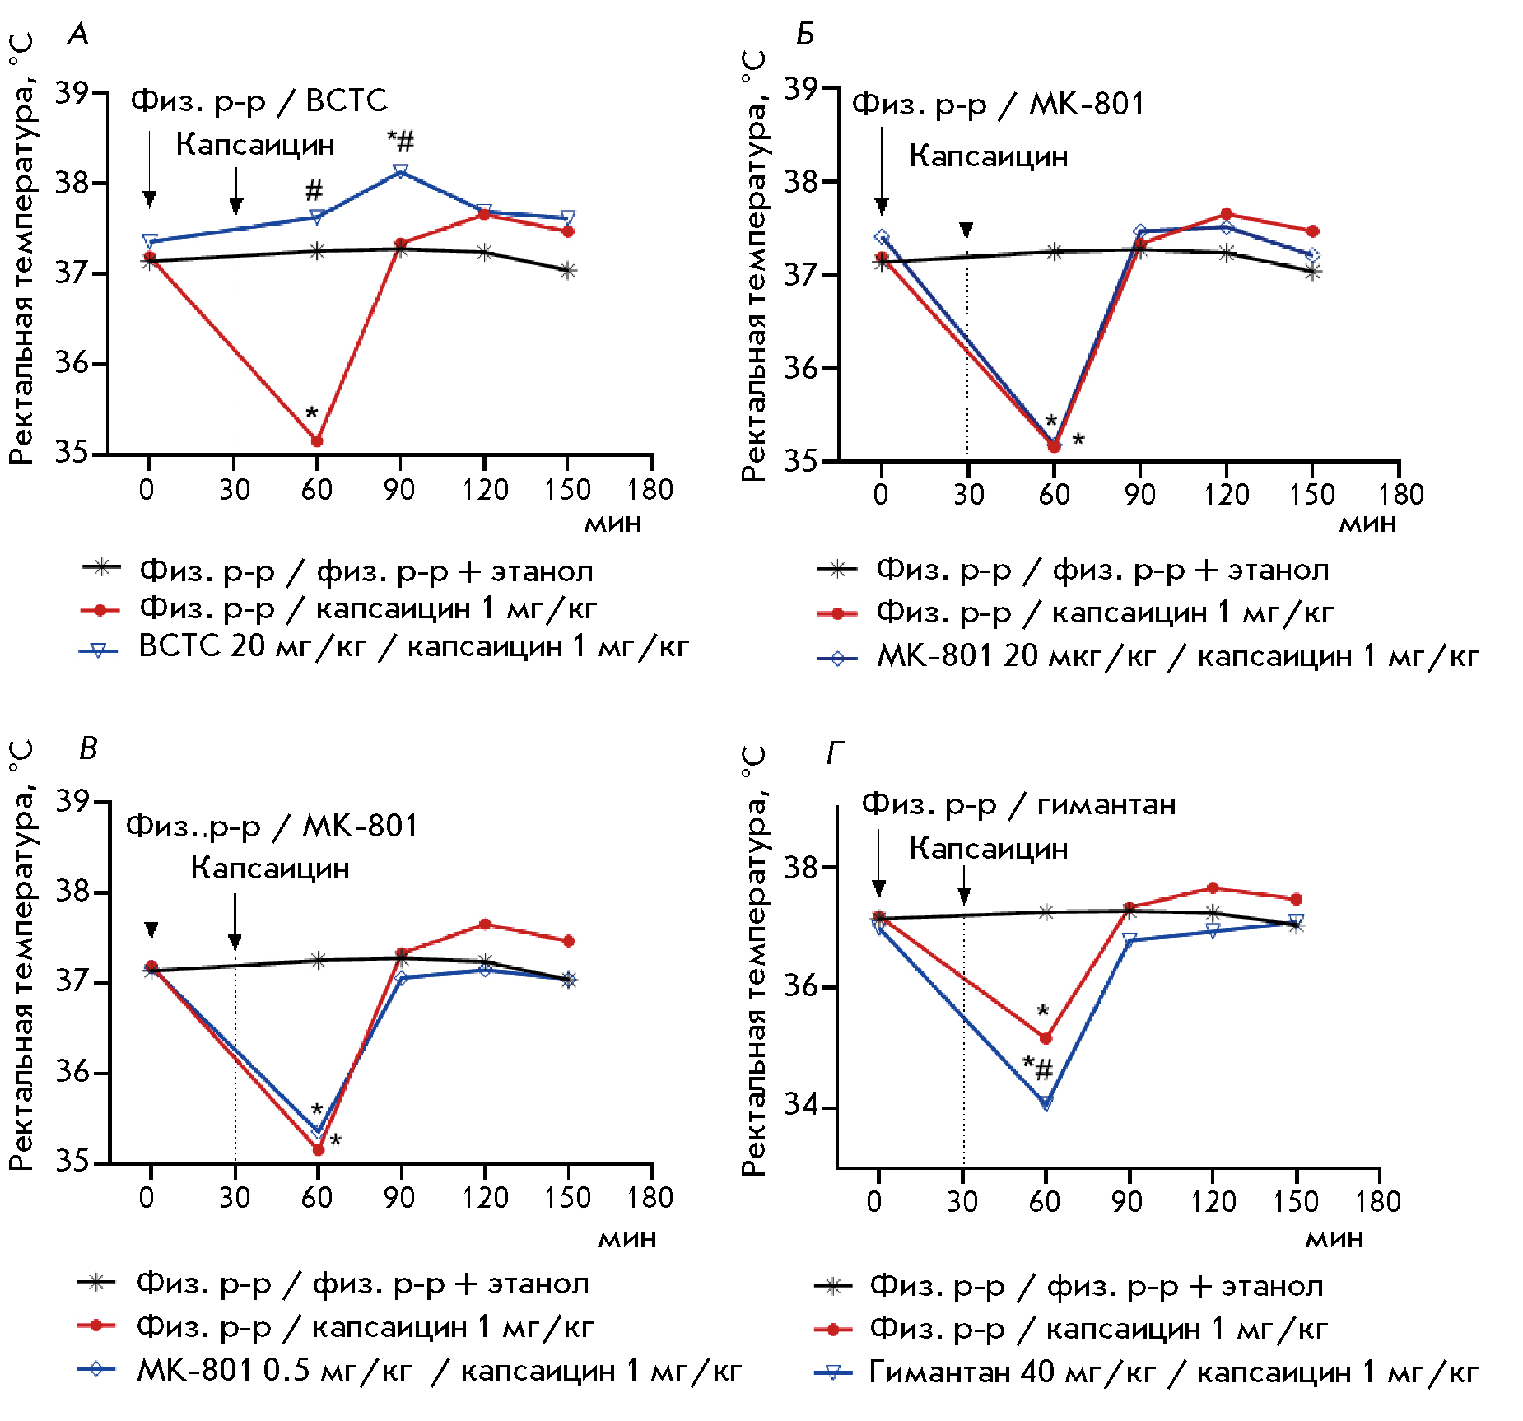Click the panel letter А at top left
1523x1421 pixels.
tap(78, 35)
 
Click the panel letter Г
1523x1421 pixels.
tap(834, 752)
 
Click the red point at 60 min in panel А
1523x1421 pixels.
tap(316, 441)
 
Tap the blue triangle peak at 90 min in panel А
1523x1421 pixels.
tap(401, 171)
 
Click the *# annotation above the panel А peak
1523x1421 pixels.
tap(401, 142)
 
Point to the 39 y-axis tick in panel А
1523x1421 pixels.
tap(72, 93)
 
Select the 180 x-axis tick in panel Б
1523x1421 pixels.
tap(1401, 495)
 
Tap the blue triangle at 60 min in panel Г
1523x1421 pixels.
tap(1046, 1102)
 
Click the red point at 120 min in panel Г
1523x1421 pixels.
tap(1213, 888)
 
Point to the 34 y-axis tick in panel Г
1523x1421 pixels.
tap(800, 1106)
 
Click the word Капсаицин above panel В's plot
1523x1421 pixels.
tap(270, 869)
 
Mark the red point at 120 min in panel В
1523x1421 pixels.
tap(485, 925)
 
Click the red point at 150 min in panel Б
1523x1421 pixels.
tap(1313, 231)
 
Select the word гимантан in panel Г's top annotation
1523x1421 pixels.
tap(1106, 804)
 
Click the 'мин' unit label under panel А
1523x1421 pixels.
tap(612, 524)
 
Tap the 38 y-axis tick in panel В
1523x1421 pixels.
tap(72, 892)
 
